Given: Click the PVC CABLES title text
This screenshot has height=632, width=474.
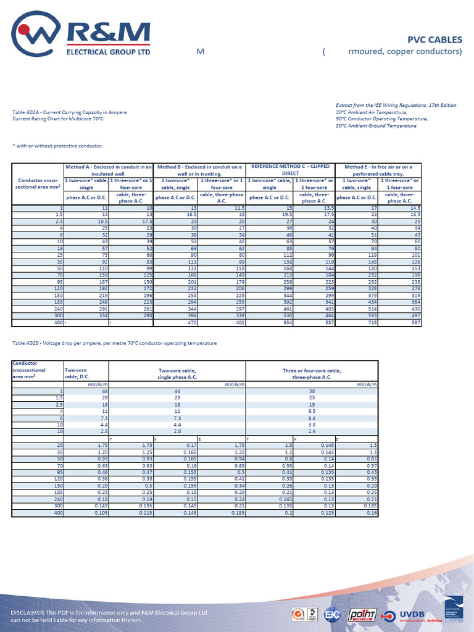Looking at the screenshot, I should [434, 39].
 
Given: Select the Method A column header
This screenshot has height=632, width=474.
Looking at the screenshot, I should [108, 170].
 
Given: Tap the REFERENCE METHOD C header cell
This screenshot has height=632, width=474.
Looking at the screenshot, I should [289, 170].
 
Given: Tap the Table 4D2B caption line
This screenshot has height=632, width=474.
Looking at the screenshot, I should [114, 343].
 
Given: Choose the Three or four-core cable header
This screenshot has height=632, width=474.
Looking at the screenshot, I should [312, 373].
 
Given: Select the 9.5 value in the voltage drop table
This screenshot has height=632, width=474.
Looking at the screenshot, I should [312, 410].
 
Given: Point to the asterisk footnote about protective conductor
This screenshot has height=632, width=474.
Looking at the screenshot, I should [57, 146].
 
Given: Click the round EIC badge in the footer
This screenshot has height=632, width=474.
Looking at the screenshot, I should [332, 615].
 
